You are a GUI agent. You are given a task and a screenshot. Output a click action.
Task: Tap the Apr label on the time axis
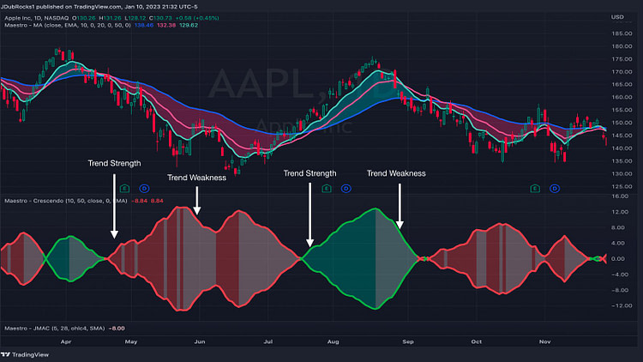[63, 340]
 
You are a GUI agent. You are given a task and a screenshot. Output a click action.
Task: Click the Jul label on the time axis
[268, 340]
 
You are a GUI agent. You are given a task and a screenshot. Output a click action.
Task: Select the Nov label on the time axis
[544, 340]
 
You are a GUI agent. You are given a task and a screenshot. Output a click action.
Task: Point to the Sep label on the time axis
[408, 340]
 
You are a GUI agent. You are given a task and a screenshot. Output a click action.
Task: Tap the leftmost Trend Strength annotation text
[114, 162]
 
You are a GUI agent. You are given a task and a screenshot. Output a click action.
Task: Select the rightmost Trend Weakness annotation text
[396, 173]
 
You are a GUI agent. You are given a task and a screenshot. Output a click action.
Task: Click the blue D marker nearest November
[554, 187]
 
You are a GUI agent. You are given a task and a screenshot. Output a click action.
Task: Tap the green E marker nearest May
[123, 187]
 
